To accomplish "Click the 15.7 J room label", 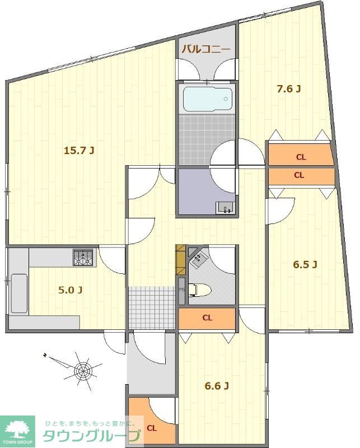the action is [79, 150].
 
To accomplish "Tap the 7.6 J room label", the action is [289, 89].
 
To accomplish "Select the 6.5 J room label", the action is [305, 265].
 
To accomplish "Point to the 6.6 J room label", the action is [217, 386].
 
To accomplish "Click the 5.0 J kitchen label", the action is [71, 290].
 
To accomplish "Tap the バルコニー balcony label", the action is [206, 49].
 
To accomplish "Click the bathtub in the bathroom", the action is [208, 99].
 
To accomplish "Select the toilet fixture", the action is [200, 290].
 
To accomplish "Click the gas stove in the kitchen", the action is [83, 258].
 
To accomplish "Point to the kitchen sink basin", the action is [19, 293].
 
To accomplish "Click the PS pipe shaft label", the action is [181, 289].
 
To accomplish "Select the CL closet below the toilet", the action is [207, 318].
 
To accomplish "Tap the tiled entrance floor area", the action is [151, 307].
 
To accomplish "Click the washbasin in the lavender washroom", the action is [226, 207].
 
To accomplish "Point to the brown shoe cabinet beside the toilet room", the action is [181, 260].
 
